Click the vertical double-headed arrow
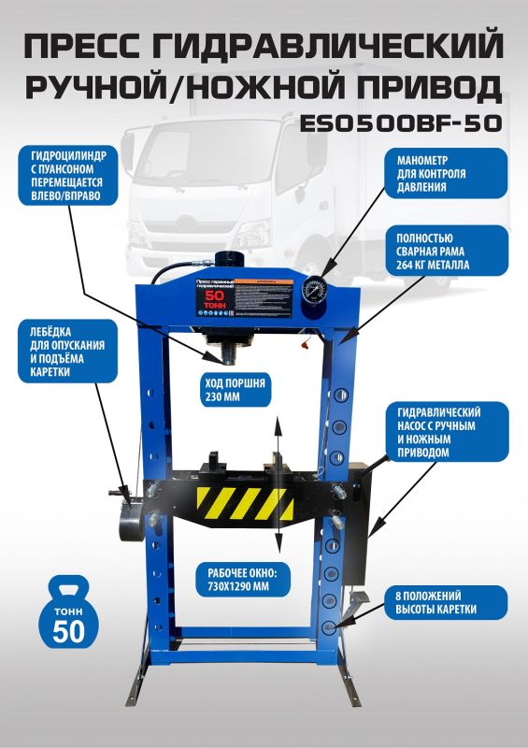click(x=277, y=486)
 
